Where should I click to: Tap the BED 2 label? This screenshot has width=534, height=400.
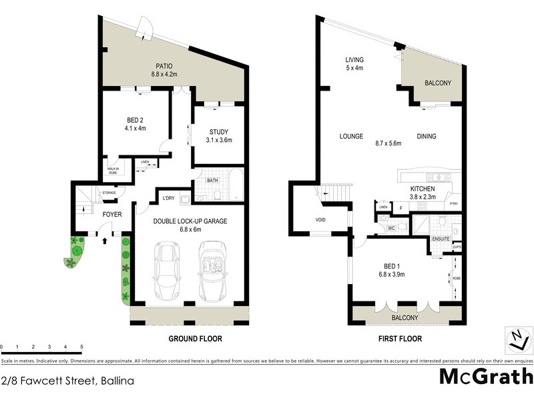pyautogui.click(x=136, y=120)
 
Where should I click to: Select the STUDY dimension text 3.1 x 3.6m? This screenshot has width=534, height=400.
pyautogui.click(x=218, y=140)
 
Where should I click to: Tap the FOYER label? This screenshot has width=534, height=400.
pyautogui.click(x=111, y=215)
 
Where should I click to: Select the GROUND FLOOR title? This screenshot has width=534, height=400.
pyautogui.click(x=194, y=339)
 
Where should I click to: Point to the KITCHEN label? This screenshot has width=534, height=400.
pyautogui.click(x=422, y=189)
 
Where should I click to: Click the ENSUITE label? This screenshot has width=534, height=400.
pyautogui.click(x=441, y=238)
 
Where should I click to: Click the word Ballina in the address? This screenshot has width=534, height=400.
pyautogui.click(x=116, y=381)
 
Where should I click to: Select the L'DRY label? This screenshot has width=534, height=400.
pyautogui.click(x=169, y=198)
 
